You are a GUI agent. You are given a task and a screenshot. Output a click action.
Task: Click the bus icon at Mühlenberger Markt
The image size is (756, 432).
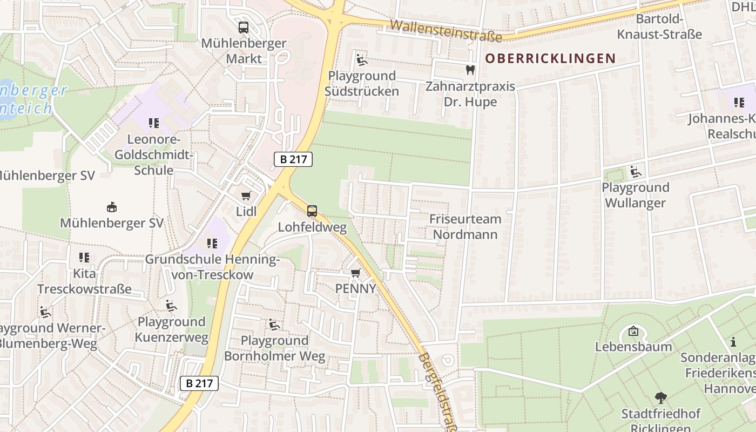[x=244, y=28]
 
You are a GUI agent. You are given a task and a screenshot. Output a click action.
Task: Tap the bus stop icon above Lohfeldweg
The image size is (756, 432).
[x=312, y=211]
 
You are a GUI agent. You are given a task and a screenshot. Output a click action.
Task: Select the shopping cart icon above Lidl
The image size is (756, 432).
[x=246, y=195]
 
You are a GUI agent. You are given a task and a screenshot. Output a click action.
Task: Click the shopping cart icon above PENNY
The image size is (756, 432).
[x=355, y=273]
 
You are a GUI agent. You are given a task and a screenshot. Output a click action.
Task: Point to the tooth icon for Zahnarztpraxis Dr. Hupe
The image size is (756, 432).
[x=470, y=70]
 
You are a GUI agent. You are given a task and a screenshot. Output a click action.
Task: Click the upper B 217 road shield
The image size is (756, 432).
[x=293, y=159]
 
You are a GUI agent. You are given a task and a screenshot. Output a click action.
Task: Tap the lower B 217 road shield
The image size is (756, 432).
[x=199, y=383]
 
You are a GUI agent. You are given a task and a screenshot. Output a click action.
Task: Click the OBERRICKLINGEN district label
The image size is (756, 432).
[x=550, y=58]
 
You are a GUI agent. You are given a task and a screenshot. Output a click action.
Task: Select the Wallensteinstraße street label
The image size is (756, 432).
[x=446, y=30]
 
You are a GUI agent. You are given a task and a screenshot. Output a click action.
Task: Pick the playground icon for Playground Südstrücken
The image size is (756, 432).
[x=361, y=59]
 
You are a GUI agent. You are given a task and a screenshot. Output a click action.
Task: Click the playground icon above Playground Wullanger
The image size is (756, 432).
[x=636, y=172]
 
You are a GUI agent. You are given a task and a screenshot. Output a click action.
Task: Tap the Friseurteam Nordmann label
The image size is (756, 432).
[x=465, y=227]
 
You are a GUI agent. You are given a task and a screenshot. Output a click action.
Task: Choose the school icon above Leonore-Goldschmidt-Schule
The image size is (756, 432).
[x=154, y=123]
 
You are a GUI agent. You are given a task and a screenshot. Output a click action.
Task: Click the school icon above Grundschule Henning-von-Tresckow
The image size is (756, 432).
[x=212, y=244]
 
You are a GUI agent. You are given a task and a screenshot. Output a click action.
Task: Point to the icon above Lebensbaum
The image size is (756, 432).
[x=633, y=330]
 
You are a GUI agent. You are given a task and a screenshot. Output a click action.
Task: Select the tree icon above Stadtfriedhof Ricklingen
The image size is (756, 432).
[x=660, y=399]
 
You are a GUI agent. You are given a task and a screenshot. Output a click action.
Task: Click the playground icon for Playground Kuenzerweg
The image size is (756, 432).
[x=171, y=306]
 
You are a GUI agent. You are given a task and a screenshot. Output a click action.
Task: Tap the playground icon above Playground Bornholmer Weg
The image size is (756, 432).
[x=274, y=325]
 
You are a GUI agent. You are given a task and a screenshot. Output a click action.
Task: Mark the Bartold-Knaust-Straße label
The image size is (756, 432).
[x=660, y=27]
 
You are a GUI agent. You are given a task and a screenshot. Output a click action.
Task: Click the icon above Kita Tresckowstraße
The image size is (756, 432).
[x=84, y=258]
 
